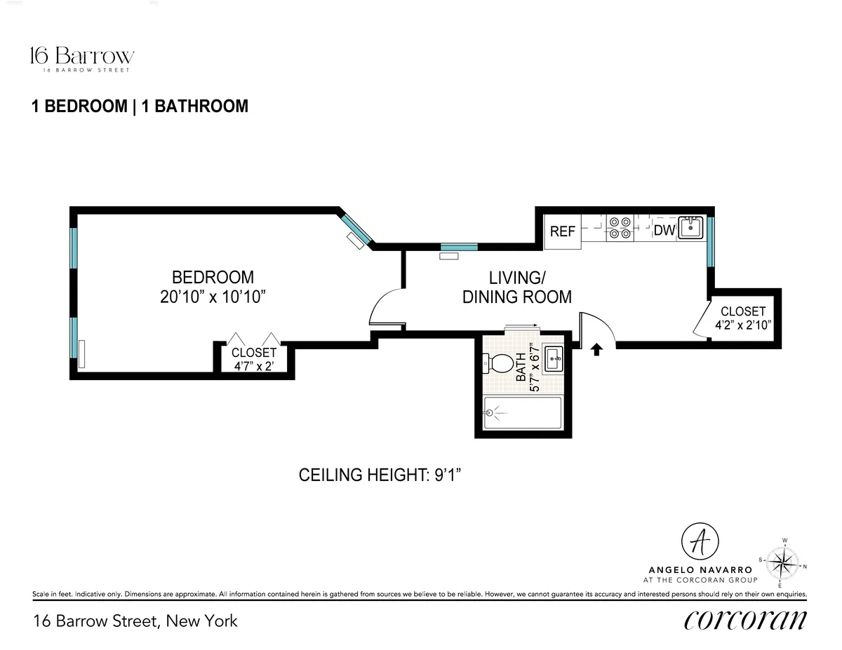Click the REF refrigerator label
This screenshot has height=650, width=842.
(563, 231)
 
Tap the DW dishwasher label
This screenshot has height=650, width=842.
(664, 230)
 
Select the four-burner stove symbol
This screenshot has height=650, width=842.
(620, 229)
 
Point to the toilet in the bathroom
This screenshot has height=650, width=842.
(500, 364)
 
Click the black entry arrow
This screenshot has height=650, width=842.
(597, 348)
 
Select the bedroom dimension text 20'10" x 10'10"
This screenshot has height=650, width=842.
(213, 297)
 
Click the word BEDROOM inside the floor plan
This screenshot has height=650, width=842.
(213, 277)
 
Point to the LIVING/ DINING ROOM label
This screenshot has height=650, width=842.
(517, 287)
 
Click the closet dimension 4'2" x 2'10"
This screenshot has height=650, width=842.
(743, 325)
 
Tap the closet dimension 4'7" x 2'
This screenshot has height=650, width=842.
(254, 366)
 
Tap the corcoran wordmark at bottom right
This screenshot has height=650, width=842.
(744, 620)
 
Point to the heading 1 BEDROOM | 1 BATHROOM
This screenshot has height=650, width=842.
(140, 107)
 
